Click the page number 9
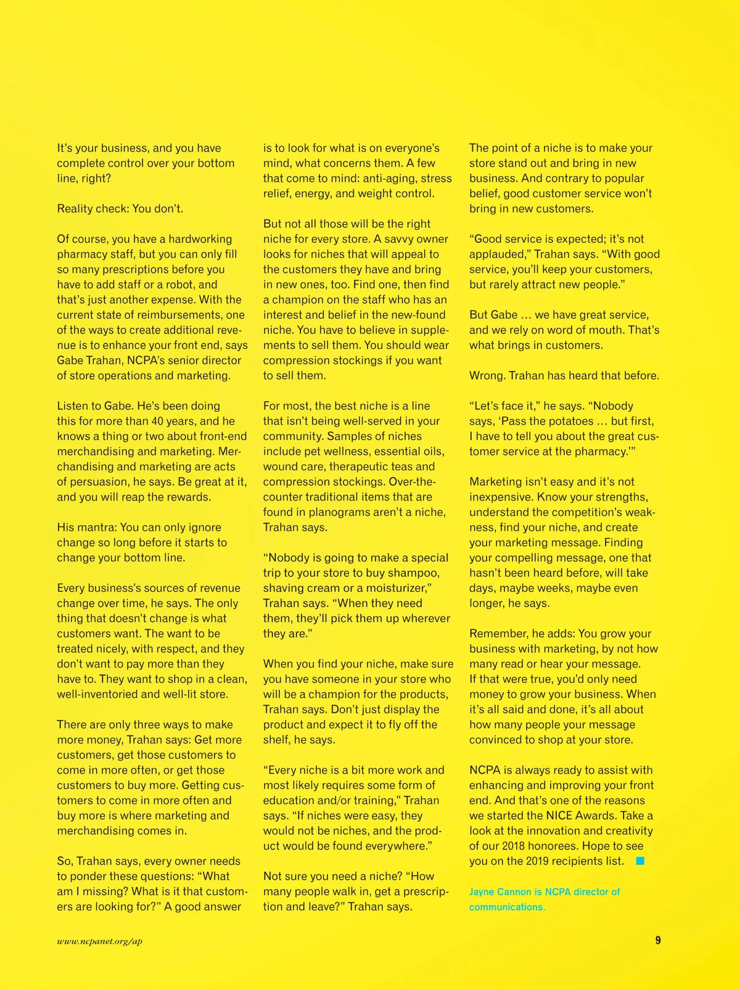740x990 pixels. [x=658, y=940]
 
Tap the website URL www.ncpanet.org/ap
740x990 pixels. [x=99, y=941]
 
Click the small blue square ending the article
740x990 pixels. [x=640, y=861]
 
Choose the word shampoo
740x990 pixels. [x=410, y=573]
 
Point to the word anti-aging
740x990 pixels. [x=388, y=178]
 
